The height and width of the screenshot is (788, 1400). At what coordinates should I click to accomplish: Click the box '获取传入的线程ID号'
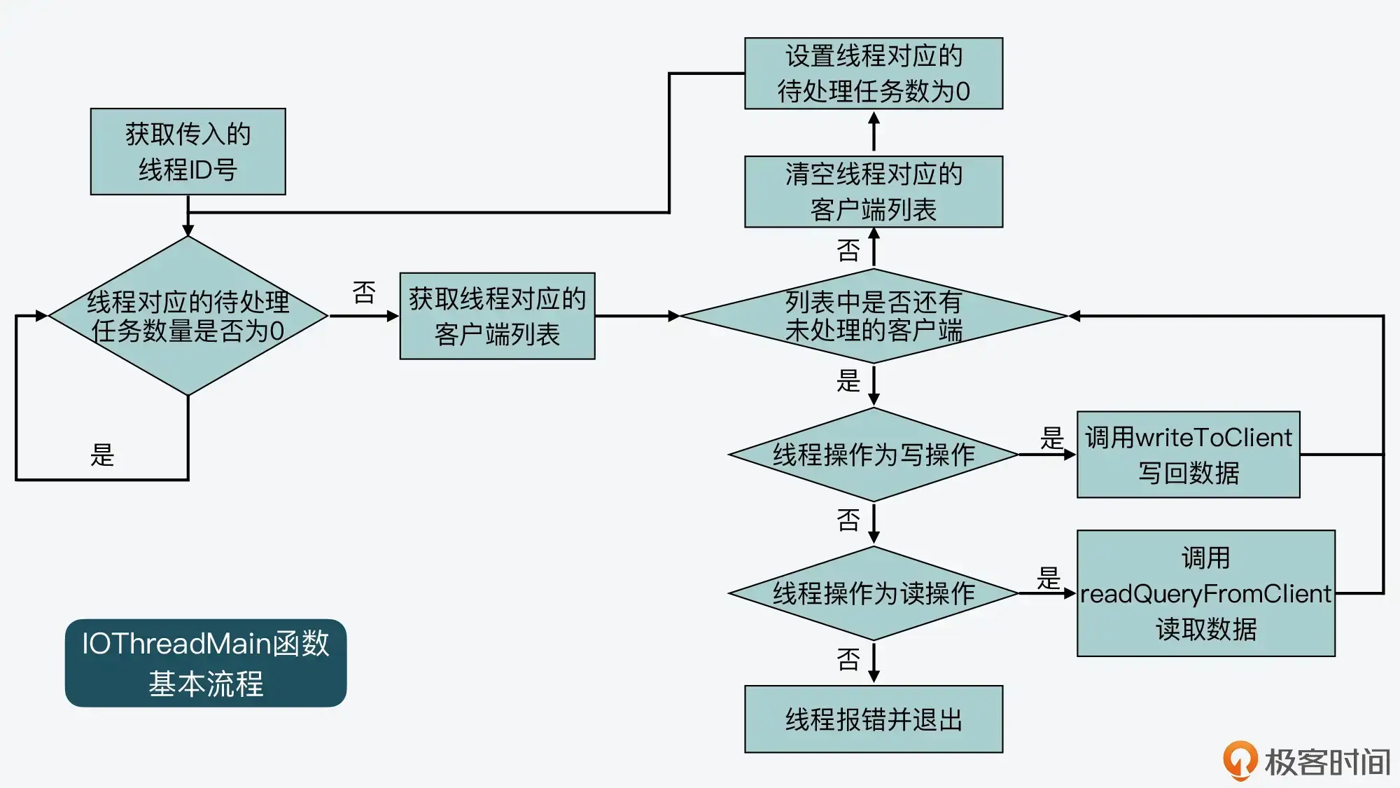188,151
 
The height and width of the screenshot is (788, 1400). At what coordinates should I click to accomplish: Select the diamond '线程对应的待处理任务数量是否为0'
188,316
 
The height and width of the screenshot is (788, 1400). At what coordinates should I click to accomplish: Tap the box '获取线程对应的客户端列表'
497,316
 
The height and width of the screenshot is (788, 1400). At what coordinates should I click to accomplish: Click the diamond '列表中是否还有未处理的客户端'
873,316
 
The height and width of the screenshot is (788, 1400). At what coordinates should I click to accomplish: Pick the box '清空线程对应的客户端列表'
873,191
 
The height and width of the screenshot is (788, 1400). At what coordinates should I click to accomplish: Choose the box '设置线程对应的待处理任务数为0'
873,74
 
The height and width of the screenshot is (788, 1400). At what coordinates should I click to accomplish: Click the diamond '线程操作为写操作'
873,455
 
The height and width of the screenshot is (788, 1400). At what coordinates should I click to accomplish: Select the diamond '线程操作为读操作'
873,593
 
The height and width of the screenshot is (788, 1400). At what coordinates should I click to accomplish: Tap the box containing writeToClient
1188,455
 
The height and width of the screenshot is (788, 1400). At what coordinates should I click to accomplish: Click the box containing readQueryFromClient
1205,593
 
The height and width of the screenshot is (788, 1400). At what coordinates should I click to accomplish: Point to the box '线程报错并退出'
873,719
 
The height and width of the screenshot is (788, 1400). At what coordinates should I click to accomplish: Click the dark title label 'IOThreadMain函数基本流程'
206,663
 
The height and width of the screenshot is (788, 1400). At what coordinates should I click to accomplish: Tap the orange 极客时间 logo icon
1240,760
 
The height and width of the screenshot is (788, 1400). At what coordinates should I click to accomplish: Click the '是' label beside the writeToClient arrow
1051,438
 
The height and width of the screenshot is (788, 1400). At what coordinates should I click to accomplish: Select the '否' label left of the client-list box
364,293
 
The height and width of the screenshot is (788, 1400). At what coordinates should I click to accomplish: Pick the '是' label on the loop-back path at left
102,455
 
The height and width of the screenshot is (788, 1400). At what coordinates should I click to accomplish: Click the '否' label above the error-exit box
848,659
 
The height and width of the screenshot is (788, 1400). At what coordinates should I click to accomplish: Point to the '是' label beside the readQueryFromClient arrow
1048,579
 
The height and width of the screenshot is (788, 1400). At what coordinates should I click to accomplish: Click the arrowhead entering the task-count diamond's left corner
41,316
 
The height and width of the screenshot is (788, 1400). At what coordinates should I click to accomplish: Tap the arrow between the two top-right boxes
874,132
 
